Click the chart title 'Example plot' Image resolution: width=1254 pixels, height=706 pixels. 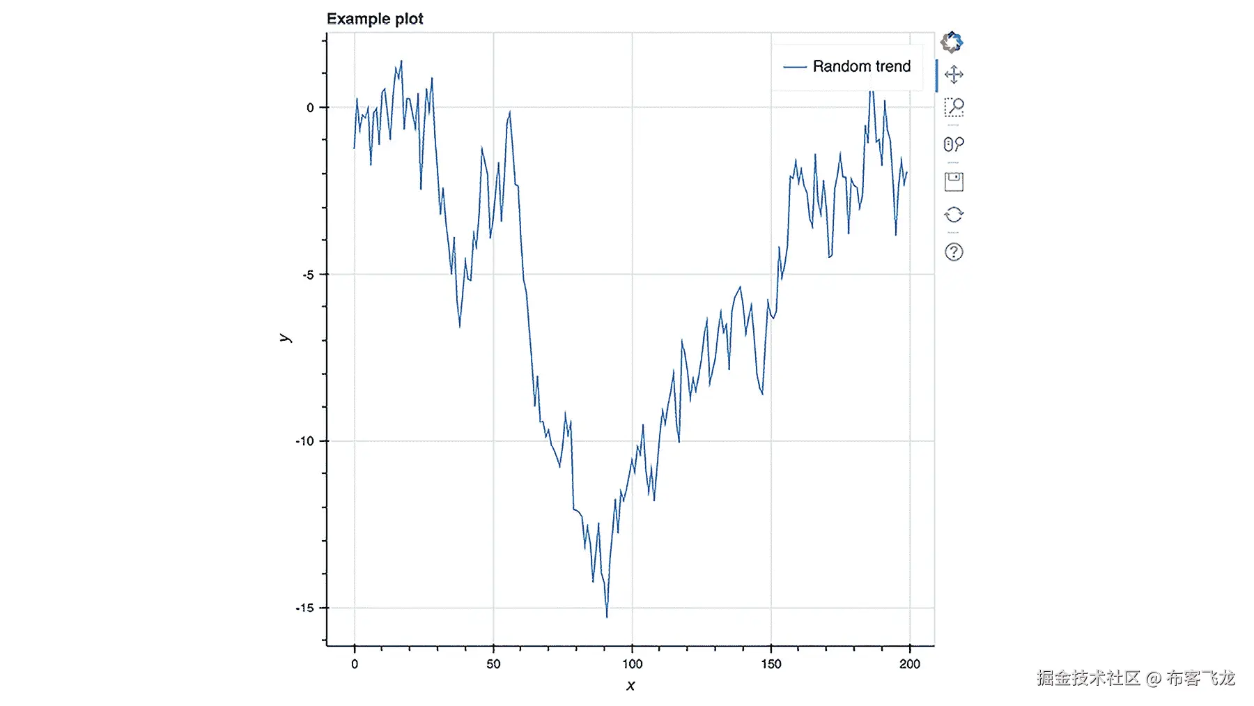[375, 19]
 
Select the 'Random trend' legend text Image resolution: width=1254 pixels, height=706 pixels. [861, 66]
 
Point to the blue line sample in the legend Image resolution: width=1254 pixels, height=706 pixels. [795, 67]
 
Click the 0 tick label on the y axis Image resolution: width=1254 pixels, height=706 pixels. [310, 107]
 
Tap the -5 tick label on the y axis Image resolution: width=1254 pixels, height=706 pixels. [308, 275]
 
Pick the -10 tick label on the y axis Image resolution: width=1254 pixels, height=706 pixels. [305, 441]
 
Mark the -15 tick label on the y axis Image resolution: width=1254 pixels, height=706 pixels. [305, 608]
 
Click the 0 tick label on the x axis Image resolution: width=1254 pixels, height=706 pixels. [355, 664]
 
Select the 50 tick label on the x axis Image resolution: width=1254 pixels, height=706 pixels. [493, 664]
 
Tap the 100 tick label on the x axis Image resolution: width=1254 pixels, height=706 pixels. [632, 664]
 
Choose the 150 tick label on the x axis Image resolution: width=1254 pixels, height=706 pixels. [771, 664]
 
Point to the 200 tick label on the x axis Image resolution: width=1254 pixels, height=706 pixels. [909, 664]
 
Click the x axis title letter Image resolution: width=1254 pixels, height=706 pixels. [630, 686]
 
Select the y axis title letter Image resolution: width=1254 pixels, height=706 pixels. [285, 338]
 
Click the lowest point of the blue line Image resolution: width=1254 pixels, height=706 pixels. [607, 617]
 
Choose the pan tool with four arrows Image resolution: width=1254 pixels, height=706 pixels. [954, 75]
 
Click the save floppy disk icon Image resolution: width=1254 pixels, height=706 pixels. [954, 182]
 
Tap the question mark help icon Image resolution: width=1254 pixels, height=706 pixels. [954, 252]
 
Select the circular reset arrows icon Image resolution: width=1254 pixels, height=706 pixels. [954, 215]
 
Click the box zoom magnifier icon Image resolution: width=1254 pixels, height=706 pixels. [954, 107]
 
